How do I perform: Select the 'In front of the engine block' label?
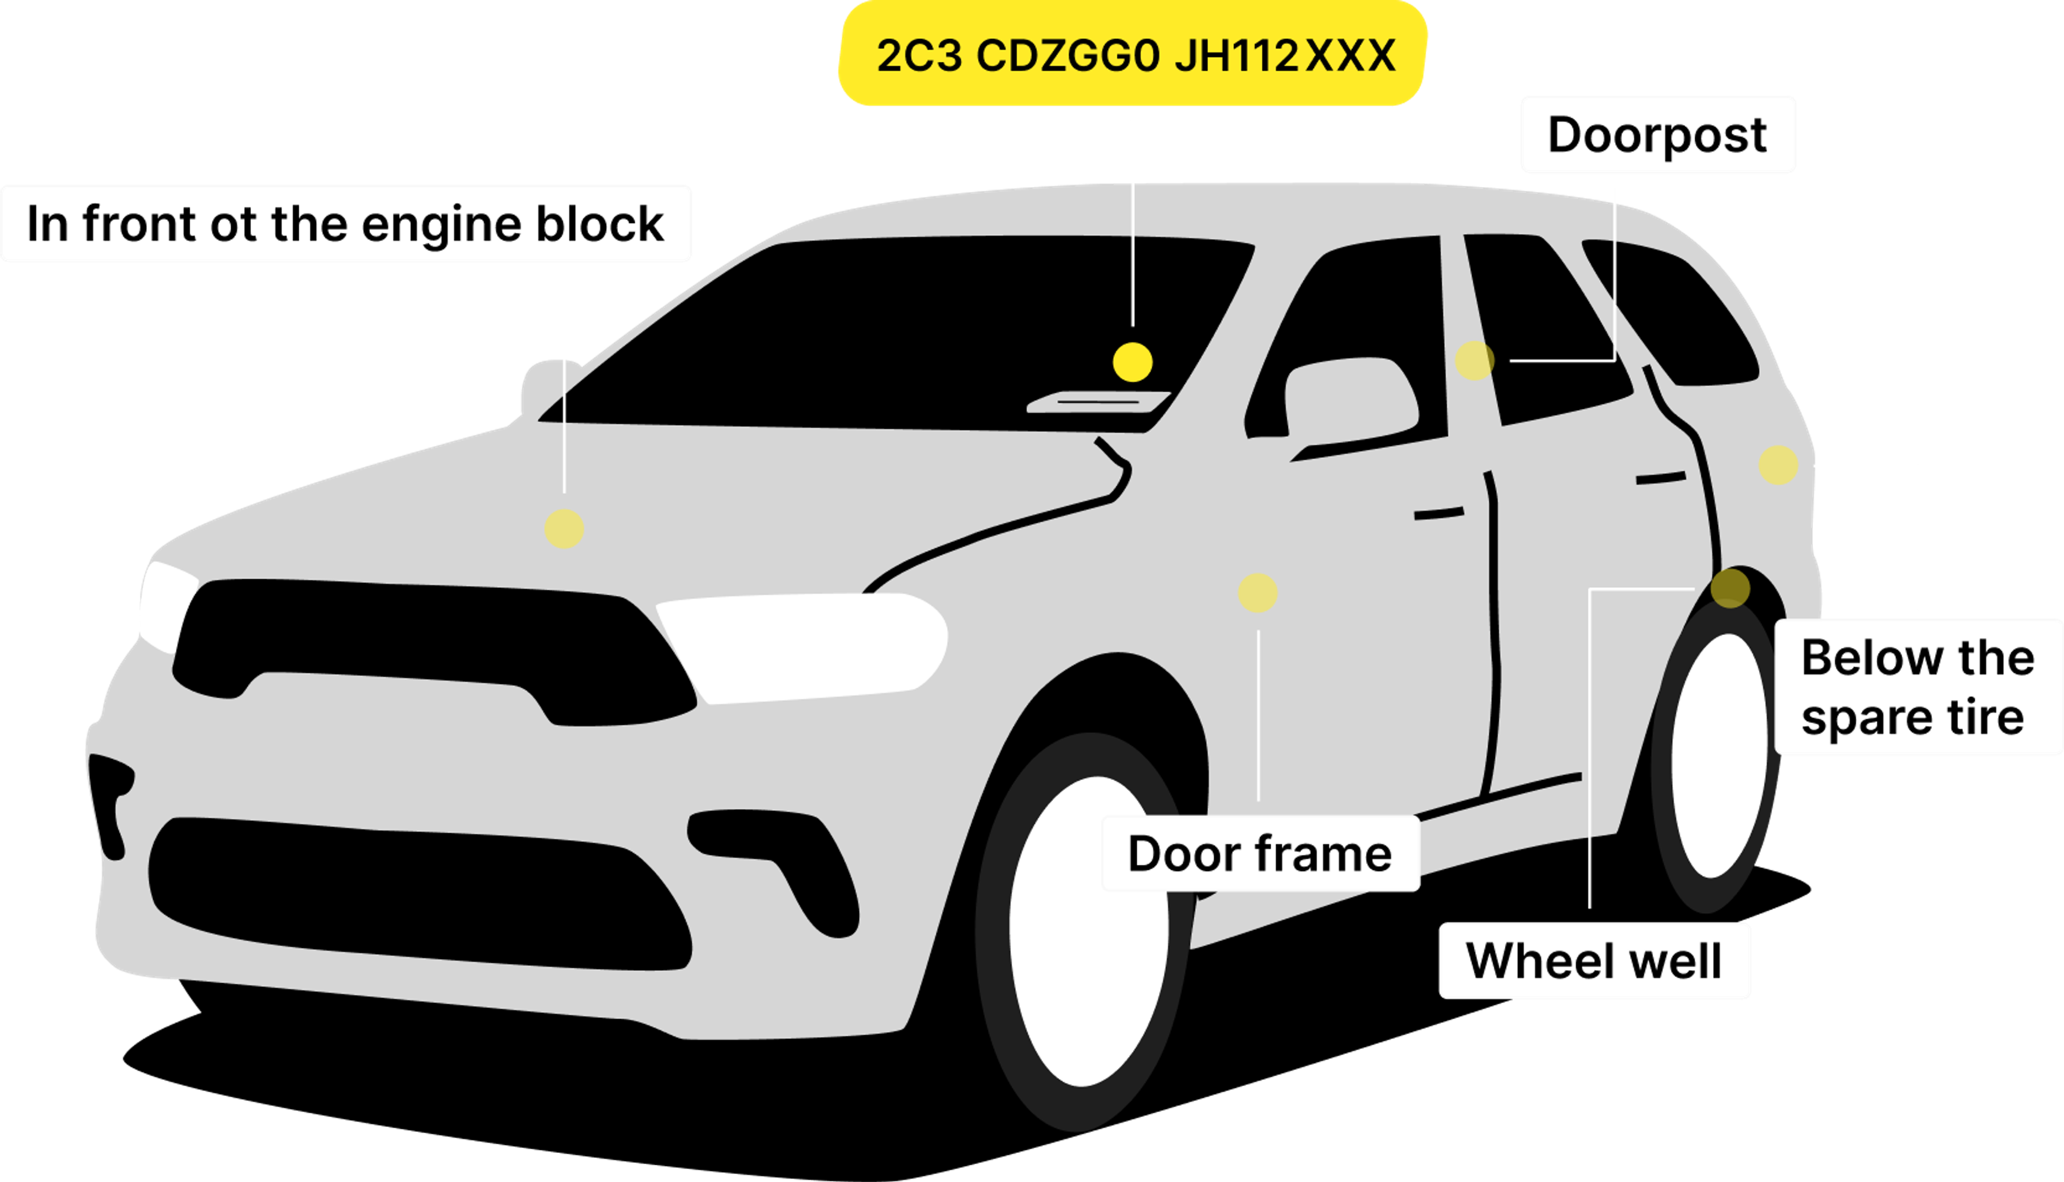pos(346,224)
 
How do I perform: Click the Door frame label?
pos(1259,854)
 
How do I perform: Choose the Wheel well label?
pos(1594,961)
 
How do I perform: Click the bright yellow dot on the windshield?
pos(1133,362)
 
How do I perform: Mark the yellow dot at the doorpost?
pos(1474,361)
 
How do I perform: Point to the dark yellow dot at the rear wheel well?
pos(1730,588)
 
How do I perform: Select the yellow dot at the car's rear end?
pos(1778,465)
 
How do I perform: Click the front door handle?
pos(1439,514)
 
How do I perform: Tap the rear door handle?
pos(1660,478)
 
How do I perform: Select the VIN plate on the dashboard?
pos(1098,402)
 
